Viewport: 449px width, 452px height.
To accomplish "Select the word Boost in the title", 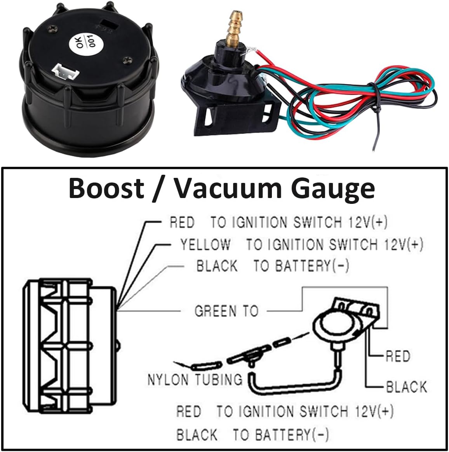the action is coord(107,188).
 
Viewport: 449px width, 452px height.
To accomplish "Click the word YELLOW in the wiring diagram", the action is coord(205,245).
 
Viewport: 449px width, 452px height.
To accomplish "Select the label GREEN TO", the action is coord(226,311).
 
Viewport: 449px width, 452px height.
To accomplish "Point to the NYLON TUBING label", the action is coord(195,379).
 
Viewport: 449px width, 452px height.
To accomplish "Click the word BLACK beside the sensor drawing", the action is coord(406,386).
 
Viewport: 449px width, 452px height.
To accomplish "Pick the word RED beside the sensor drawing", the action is coord(398,356).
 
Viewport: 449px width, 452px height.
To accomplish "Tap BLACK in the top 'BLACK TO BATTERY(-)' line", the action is coord(217,266).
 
